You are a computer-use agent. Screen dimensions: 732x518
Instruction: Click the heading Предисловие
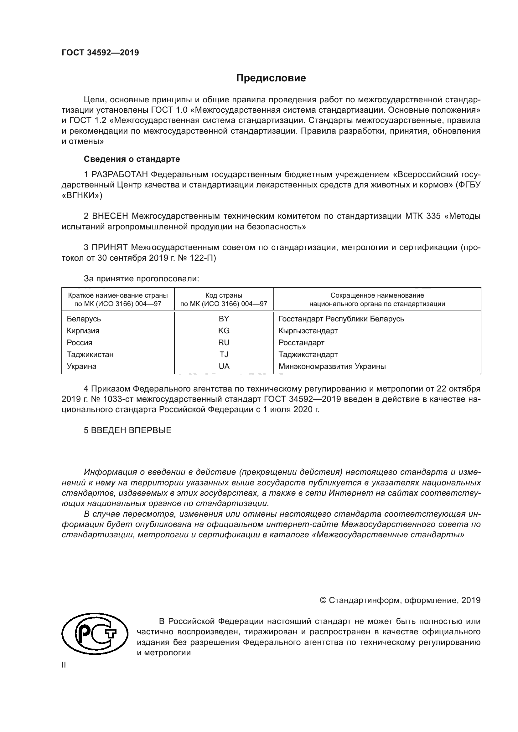[x=271, y=78]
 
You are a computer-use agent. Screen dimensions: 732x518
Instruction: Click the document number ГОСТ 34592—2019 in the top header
[x=100, y=53]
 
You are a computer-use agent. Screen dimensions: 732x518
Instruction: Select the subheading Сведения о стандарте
[x=132, y=159]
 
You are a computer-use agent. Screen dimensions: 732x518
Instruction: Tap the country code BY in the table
[x=224, y=319]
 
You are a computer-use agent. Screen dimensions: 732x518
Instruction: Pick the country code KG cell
[x=224, y=330]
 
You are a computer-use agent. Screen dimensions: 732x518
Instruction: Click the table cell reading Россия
[x=80, y=343]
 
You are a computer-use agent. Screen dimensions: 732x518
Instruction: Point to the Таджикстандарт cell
[x=308, y=355]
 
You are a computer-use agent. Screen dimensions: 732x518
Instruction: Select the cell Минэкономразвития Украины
[x=332, y=366]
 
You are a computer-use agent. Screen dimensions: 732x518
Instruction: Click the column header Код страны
[x=224, y=295]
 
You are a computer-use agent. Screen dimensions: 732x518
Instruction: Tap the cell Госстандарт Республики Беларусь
[x=341, y=319]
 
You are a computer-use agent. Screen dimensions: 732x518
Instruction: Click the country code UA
[x=224, y=366]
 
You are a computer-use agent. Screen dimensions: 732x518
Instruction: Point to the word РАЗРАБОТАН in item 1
[x=120, y=175]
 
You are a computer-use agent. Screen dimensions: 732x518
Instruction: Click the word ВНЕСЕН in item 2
[x=110, y=216]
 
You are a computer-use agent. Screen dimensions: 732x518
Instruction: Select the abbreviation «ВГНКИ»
[x=82, y=195]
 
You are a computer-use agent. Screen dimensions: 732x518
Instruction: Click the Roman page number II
[x=64, y=665]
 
